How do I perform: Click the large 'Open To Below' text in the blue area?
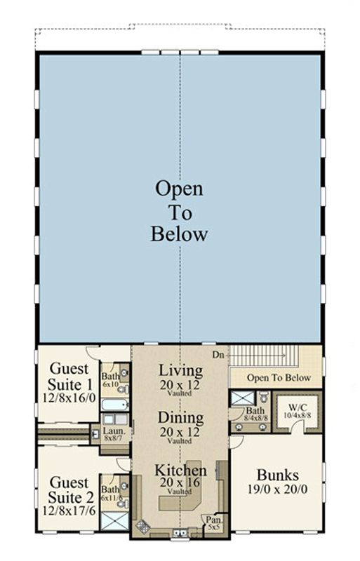pyautogui.click(x=179, y=211)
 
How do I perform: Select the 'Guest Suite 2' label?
pyautogui.click(x=69, y=490)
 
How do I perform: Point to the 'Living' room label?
pyautogui.click(x=180, y=370)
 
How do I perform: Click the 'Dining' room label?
pyautogui.click(x=180, y=418)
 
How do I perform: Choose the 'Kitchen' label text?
pyautogui.click(x=180, y=470)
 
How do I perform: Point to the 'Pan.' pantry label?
pyautogui.click(x=212, y=519)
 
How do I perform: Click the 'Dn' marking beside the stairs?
pyautogui.click(x=218, y=353)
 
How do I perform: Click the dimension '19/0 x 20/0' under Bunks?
pyautogui.click(x=276, y=489)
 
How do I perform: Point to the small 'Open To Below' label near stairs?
pyautogui.click(x=279, y=378)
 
